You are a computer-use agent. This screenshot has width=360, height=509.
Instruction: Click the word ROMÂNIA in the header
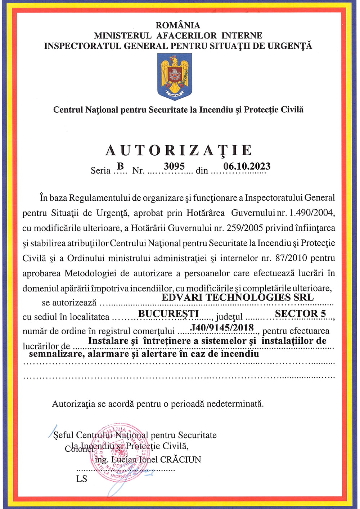click(178, 25)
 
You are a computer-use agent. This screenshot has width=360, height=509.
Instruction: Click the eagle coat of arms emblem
click(175, 77)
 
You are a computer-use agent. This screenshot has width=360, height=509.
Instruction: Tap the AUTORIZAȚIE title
click(179, 151)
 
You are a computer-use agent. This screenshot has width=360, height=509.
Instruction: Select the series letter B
click(121, 166)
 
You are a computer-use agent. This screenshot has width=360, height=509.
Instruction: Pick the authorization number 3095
click(174, 166)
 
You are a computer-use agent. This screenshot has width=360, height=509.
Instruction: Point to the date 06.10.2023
click(247, 166)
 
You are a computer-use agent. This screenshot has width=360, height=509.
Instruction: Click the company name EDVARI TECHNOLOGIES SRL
click(238, 298)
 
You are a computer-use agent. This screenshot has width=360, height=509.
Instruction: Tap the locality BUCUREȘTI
click(168, 313)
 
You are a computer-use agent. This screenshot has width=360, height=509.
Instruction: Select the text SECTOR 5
click(300, 313)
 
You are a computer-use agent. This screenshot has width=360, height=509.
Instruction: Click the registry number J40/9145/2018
click(222, 327)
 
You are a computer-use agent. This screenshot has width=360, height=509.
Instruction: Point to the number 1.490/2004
click(312, 213)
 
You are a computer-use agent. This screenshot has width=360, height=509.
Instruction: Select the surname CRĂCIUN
click(180, 460)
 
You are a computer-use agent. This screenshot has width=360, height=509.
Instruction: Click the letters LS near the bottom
click(82, 479)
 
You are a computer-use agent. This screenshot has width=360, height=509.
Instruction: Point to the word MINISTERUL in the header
click(123, 36)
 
